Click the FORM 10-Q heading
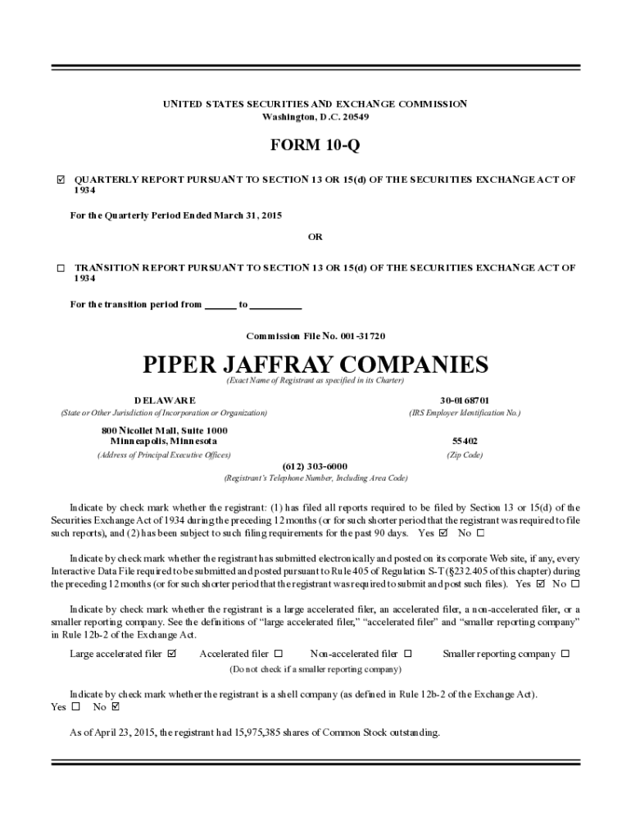click(315, 146)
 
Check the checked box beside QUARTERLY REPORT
click(61, 179)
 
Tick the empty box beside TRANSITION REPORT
click(61, 268)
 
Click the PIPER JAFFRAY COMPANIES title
click(315, 364)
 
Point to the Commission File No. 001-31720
click(315, 336)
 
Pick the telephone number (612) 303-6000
click(315, 465)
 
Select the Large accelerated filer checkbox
click(171, 654)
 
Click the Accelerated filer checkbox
click(279, 654)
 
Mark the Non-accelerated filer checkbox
click(408, 654)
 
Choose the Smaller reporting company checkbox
click(565, 654)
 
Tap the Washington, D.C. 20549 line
click(315, 116)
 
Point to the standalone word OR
click(315, 237)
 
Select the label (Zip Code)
click(464, 455)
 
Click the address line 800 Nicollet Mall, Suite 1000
click(165, 430)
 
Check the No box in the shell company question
click(115, 706)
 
